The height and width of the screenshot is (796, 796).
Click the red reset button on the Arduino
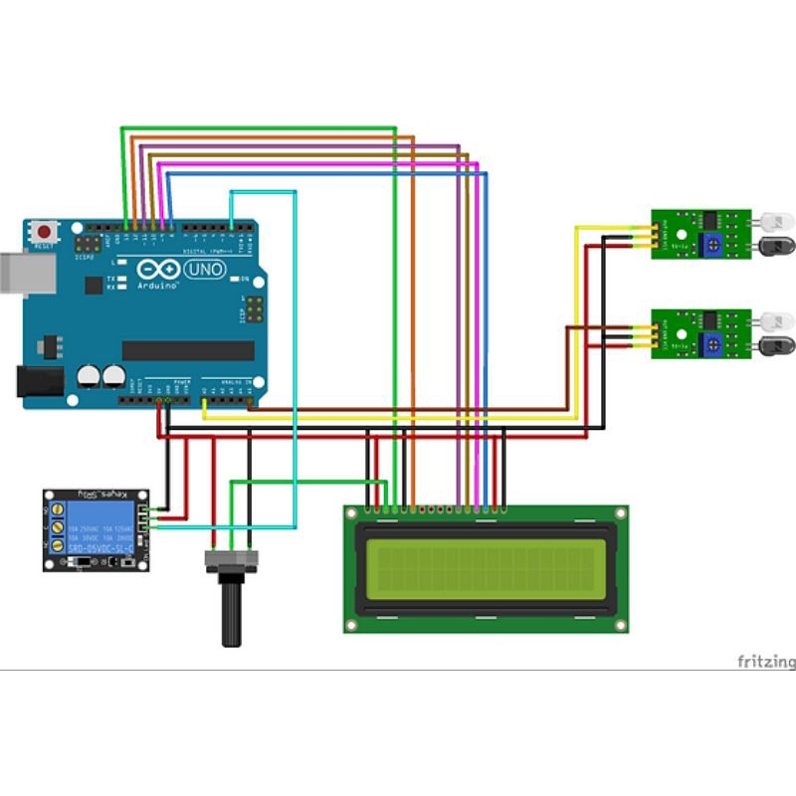click(44, 231)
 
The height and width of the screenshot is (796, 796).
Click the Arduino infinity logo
click(158, 270)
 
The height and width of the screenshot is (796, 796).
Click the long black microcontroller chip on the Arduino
click(188, 350)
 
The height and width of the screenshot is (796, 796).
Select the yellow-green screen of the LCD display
click(486, 568)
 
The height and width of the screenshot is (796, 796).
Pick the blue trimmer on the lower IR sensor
click(712, 344)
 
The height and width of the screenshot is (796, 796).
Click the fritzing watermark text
click(765, 661)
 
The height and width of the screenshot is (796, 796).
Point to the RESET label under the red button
click(44, 245)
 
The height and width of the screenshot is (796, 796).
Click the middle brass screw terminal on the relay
click(59, 528)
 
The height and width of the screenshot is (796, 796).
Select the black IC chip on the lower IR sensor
click(710, 318)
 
